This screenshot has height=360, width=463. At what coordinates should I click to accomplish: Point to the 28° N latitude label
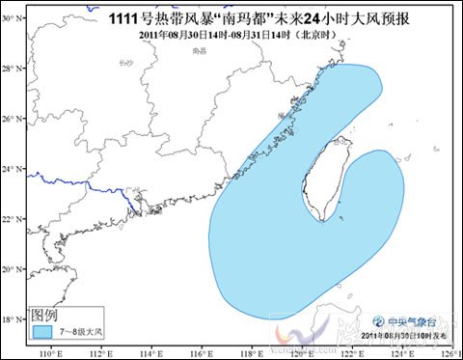(11, 69)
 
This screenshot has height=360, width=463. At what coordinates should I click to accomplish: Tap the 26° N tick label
(11, 119)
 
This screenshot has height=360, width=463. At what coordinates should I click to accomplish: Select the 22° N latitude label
(11, 219)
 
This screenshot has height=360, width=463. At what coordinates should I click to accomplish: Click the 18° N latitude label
(11, 319)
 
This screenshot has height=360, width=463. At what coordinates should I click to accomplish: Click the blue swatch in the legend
(42, 331)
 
